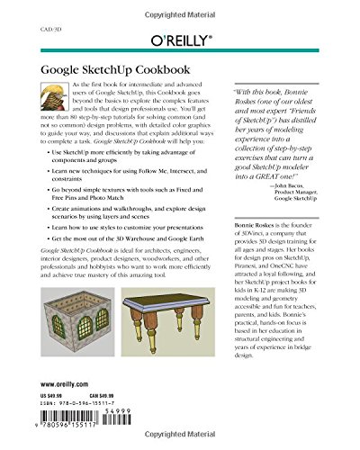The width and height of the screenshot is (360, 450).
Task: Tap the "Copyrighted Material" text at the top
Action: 180,6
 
